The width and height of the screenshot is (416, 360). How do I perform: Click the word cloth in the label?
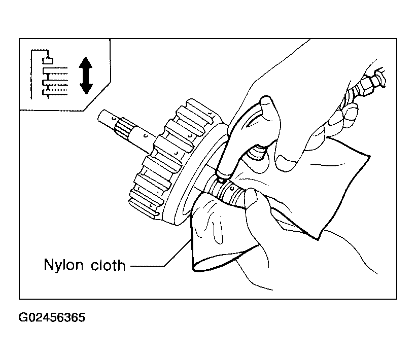[108, 264]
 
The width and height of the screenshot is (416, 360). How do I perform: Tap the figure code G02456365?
[52, 317]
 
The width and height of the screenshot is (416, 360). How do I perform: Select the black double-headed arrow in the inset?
[86, 76]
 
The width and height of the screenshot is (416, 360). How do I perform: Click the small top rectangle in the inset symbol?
[48, 61]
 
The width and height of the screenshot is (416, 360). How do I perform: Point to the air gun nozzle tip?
[221, 181]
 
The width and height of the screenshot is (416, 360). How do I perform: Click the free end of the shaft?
[102, 116]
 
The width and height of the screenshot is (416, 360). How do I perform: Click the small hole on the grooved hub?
[232, 188]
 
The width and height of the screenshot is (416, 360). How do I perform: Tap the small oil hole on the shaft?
[145, 136]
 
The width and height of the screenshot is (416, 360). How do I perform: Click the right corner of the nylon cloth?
[369, 156]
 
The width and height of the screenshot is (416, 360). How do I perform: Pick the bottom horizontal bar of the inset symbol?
[55, 92]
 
